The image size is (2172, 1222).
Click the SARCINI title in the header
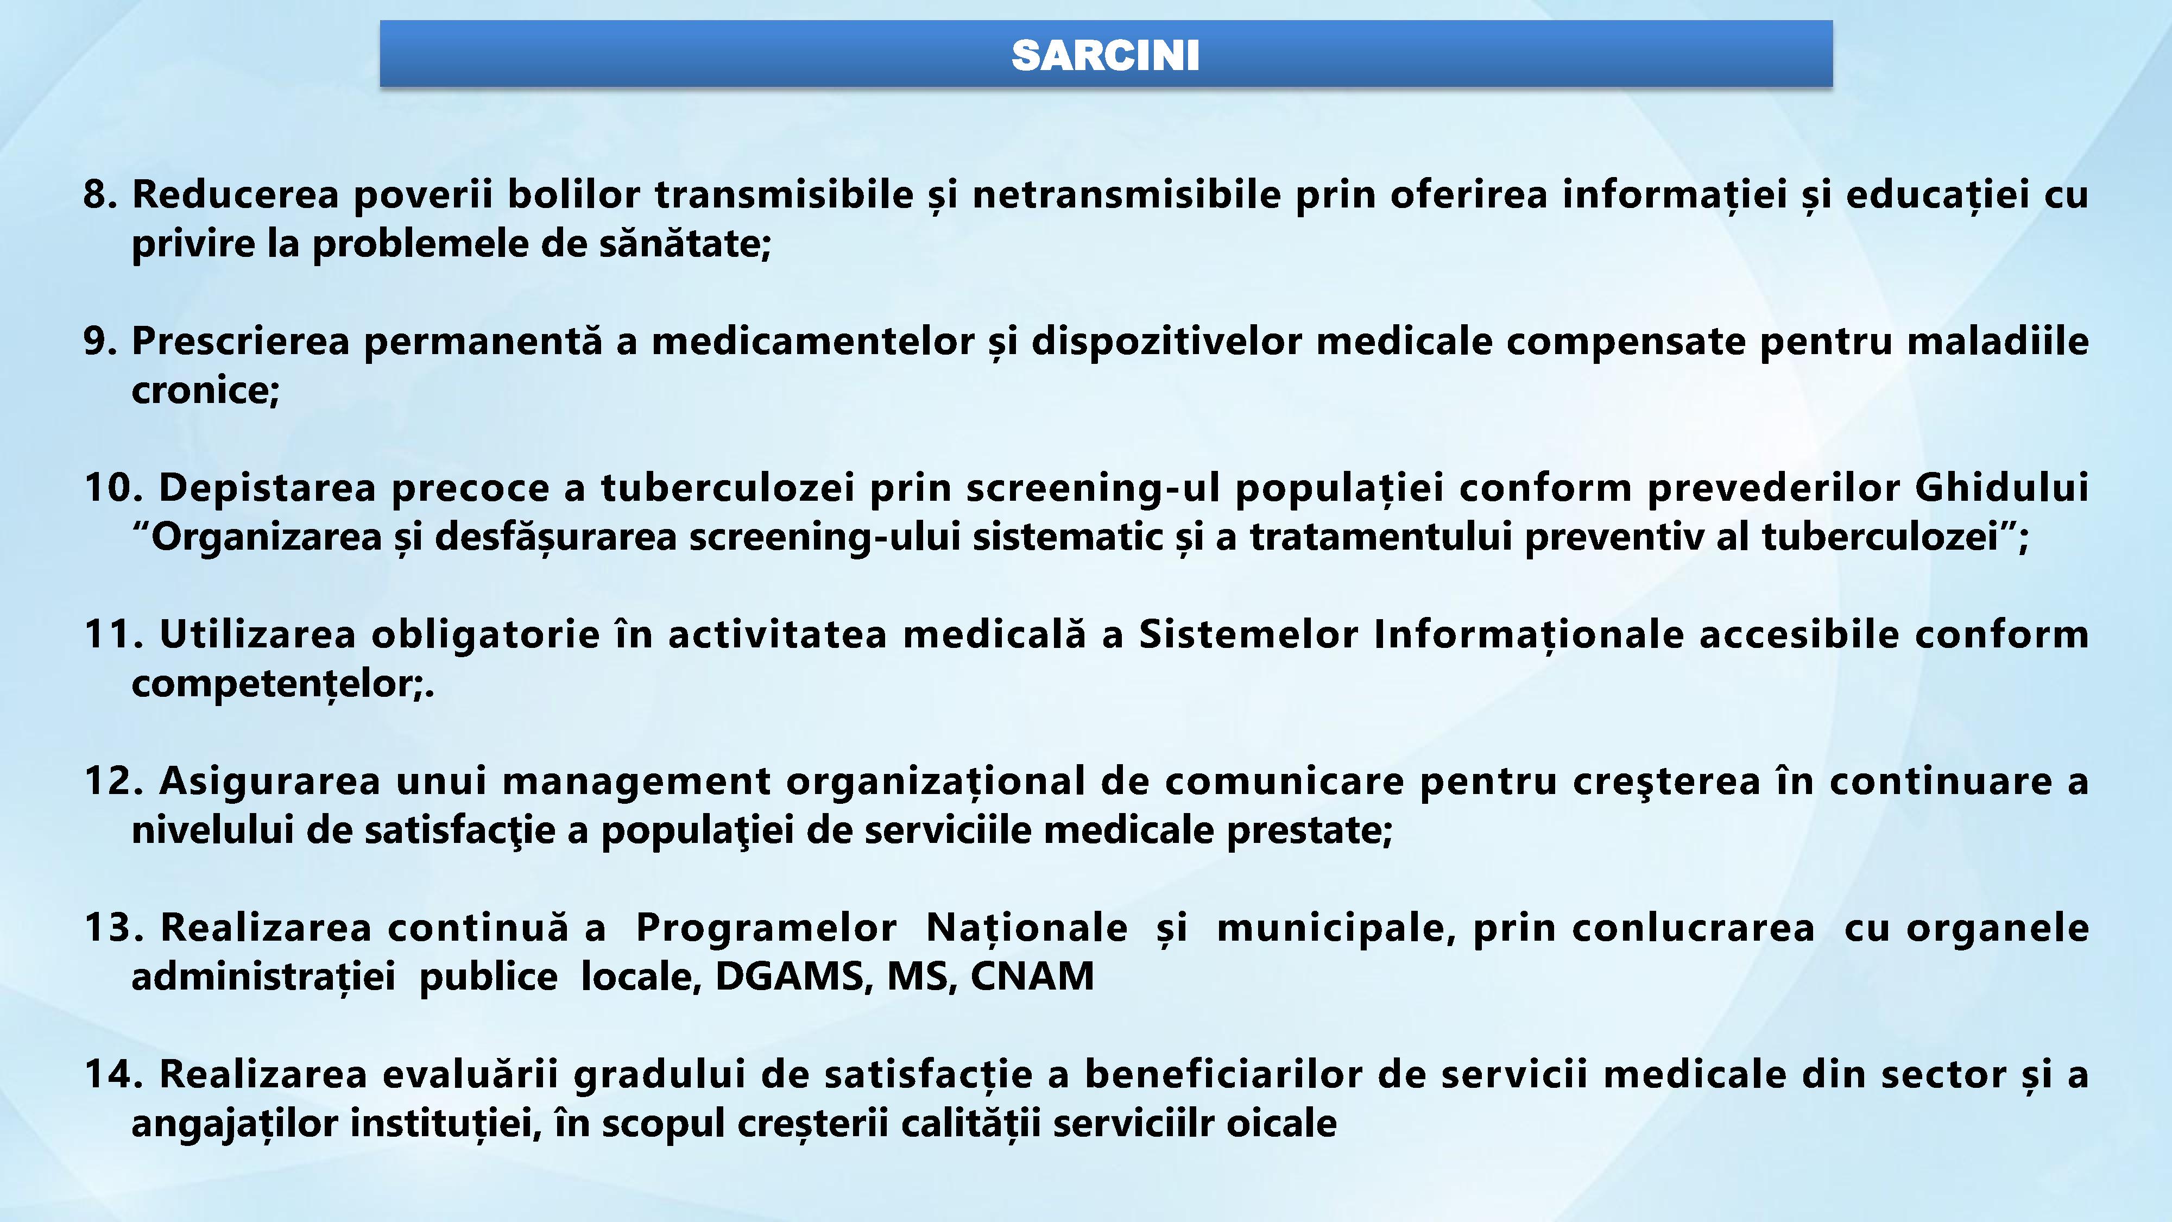coord(1106,55)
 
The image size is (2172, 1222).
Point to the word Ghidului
coord(2001,488)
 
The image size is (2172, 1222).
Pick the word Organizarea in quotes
coord(267,537)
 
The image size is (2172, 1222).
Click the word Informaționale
coord(1529,635)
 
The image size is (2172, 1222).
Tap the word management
coord(636,782)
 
